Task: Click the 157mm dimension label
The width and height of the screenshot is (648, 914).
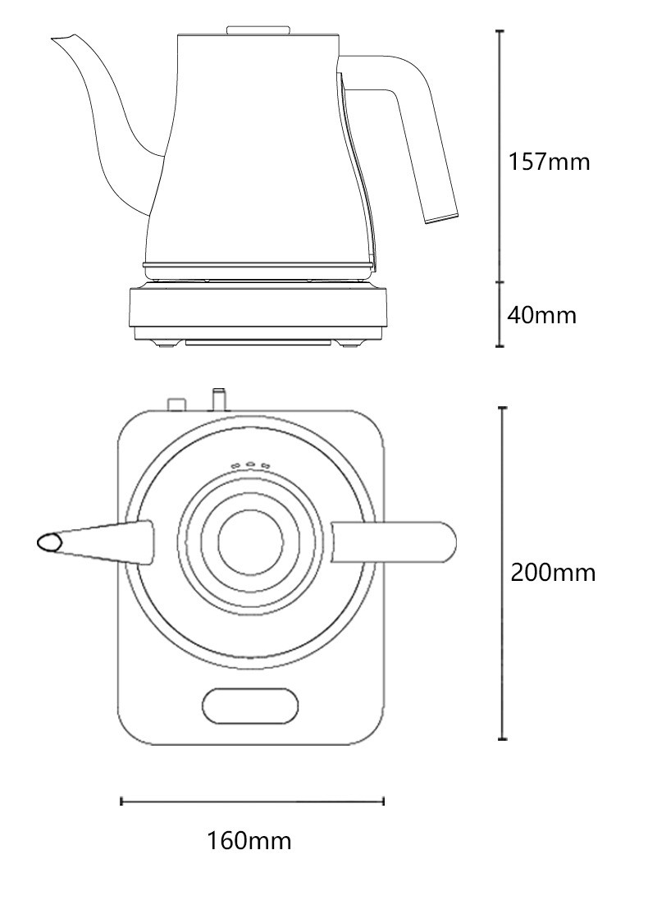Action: [x=549, y=162]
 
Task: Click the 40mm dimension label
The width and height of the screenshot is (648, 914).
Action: [x=542, y=314]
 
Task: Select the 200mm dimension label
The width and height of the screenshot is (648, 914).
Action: [x=553, y=572]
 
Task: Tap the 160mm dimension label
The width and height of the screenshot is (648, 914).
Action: [x=249, y=841]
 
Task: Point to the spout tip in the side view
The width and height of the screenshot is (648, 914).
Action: [x=57, y=38]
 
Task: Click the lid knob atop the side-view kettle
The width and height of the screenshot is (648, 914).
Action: [x=258, y=30]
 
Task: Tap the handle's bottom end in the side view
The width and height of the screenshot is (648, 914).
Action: [x=440, y=217]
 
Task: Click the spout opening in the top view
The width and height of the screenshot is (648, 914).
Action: [x=48, y=542]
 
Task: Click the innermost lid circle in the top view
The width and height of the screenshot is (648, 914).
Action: [x=250, y=542]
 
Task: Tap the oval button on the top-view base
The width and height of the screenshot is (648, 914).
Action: [x=250, y=706]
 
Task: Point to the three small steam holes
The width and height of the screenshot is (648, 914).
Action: [x=250, y=466]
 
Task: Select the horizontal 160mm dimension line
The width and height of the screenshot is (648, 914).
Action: [x=253, y=801]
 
